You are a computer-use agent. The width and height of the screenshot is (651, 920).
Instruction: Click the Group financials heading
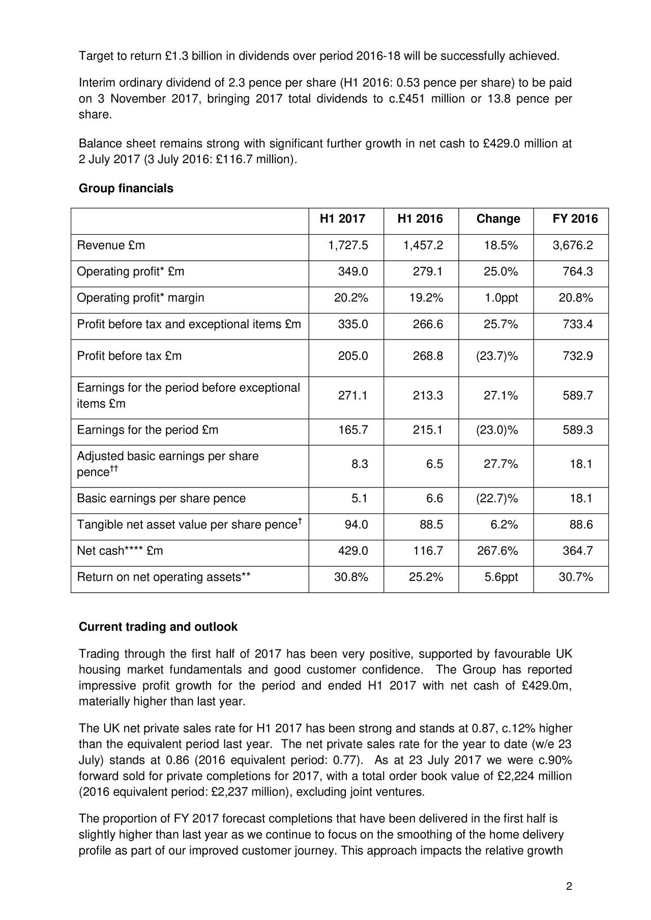[x=126, y=189]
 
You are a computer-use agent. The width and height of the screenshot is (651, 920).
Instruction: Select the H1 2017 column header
[x=342, y=219]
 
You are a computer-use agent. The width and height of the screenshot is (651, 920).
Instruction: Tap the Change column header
[x=498, y=219]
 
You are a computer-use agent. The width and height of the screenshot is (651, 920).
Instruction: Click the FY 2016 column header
[x=575, y=219]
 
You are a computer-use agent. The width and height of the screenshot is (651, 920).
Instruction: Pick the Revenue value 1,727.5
[x=348, y=246]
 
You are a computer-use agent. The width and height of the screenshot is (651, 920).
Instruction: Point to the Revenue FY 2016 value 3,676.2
[x=573, y=246]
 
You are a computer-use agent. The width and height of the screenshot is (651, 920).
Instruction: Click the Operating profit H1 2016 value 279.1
[x=427, y=272]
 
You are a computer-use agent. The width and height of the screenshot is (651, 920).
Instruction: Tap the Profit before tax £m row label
[x=129, y=356]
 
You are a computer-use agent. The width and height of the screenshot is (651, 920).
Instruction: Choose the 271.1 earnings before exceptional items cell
[x=353, y=396]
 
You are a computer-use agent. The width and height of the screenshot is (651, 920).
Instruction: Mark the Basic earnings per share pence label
[x=161, y=499]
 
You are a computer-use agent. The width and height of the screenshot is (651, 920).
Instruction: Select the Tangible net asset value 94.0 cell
[x=356, y=525]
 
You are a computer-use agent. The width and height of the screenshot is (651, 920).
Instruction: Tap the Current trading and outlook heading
[x=158, y=627]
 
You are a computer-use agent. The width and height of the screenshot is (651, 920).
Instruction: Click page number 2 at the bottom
[x=569, y=887]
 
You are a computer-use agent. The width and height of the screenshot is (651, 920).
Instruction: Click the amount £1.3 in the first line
[x=177, y=56]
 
